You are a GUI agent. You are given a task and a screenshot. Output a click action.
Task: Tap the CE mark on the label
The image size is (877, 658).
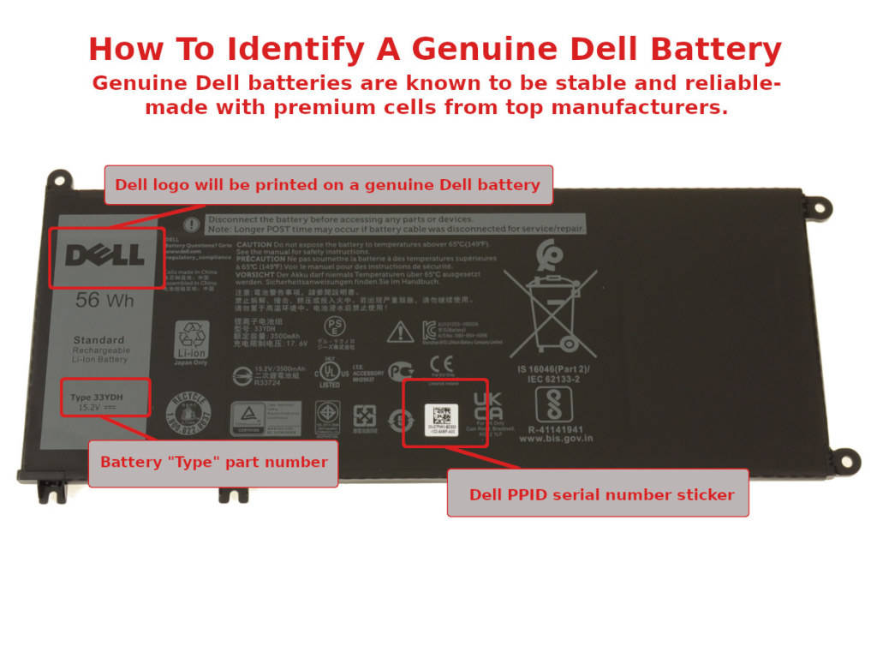coord(441,366)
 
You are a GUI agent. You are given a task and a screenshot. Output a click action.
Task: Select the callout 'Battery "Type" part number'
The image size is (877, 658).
coord(213,462)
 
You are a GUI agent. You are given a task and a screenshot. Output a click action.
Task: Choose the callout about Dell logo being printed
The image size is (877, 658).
coord(327,184)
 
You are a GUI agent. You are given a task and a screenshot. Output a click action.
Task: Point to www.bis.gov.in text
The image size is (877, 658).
coord(556,439)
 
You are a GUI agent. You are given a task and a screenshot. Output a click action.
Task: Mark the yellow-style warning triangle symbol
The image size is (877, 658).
coord(400,332)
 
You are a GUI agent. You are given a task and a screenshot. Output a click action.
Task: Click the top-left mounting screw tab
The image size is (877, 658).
coord(58,179)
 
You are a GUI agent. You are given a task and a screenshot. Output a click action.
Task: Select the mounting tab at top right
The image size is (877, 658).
coord(818,206)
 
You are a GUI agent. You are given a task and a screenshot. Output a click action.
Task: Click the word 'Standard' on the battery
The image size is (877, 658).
coord(98,340)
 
